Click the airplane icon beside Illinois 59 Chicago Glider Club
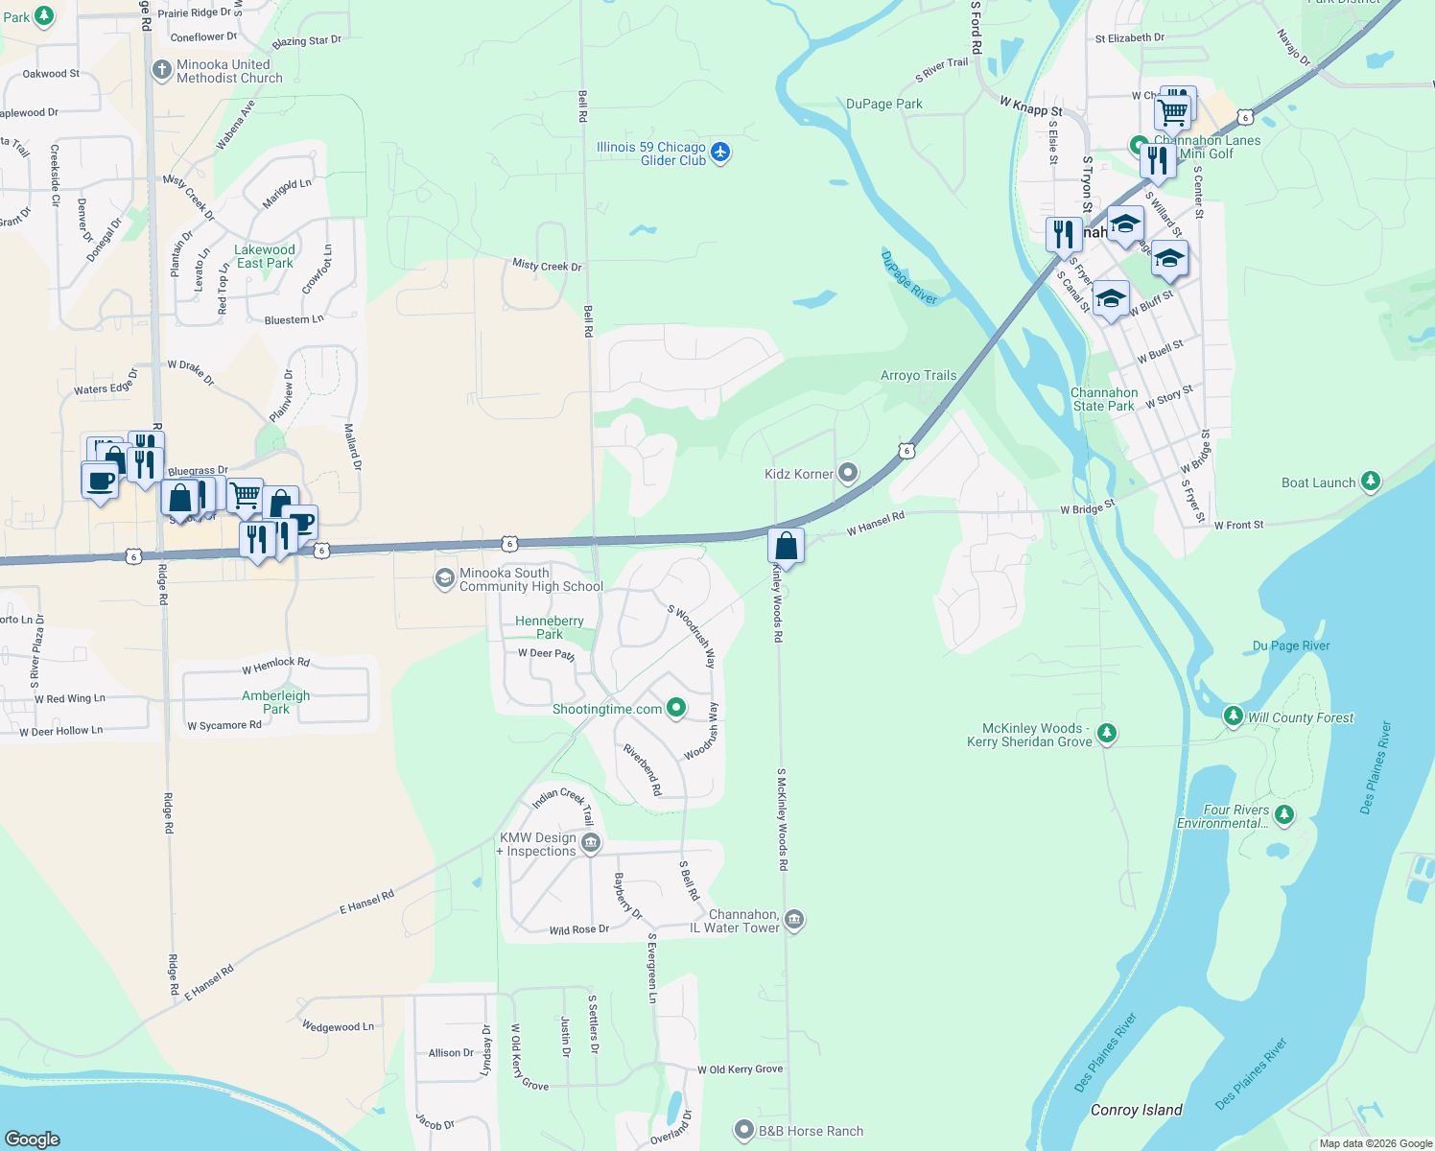click(x=720, y=153)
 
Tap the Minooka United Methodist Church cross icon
click(x=162, y=70)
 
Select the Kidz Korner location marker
click(x=847, y=473)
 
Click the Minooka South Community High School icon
click(x=444, y=578)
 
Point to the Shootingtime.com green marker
click(x=676, y=708)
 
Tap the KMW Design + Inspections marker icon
click(x=591, y=843)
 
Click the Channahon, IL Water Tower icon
click(x=793, y=920)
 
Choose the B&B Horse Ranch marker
click(x=743, y=1130)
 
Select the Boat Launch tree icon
click(x=1371, y=481)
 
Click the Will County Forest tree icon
click(x=1234, y=716)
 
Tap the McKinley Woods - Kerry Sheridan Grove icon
click(x=1107, y=734)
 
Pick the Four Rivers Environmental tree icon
click(x=1284, y=815)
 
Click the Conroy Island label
click(x=1136, y=1110)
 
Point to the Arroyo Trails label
click(x=918, y=375)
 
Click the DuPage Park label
click(x=883, y=104)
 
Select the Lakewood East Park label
click(x=265, y=256)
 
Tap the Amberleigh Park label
click(x=275, y=702)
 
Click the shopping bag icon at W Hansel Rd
click(x=786, y=547)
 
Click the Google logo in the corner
click(x=33, y=1139)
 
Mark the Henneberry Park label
click(x=549, y=627)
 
